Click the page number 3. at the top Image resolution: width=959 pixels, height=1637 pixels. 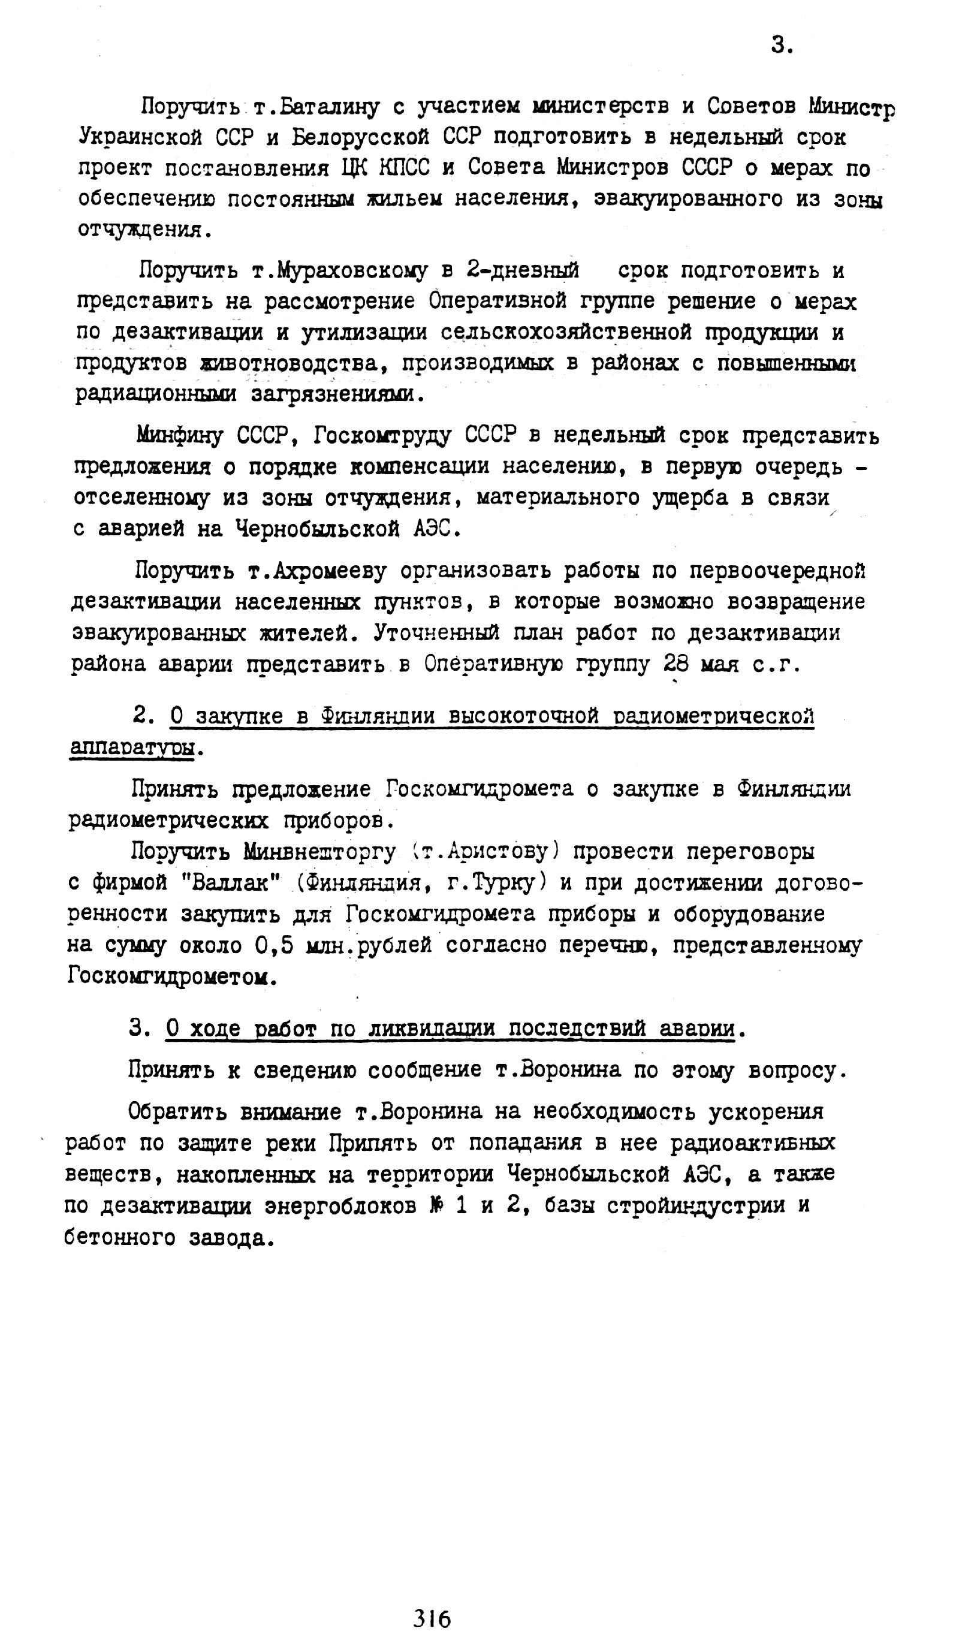point(781,46)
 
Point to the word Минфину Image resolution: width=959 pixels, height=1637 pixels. point(179,435)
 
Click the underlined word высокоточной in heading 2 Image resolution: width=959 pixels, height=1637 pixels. point(524,716)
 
